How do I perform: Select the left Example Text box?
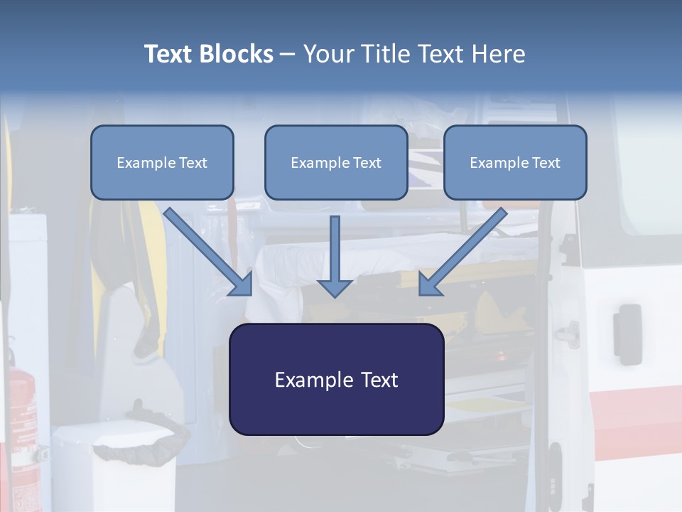162,162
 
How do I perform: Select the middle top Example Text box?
336,162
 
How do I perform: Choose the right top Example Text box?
515,162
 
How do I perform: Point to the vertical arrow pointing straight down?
335,252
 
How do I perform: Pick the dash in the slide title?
288,54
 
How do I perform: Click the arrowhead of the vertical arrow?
335,287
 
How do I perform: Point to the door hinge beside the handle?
568,331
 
